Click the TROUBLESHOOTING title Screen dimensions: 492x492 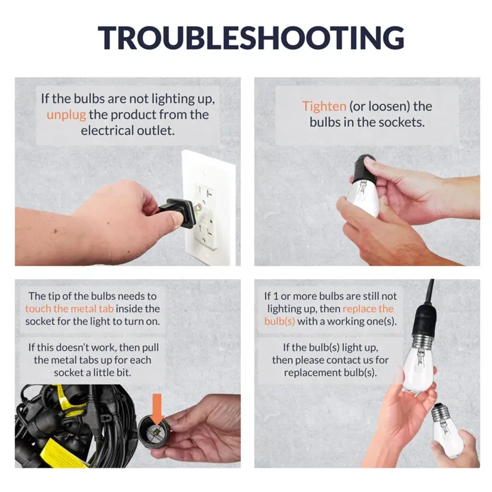click(x=251, y=38)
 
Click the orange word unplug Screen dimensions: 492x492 click(x=66, y=115)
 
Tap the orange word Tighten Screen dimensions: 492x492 click(x=324, y=107)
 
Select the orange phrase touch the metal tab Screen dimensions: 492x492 click(x=69, y=309)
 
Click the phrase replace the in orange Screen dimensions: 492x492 click(x=368, y=309)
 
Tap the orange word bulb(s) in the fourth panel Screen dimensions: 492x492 click(x=279, y=321)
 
